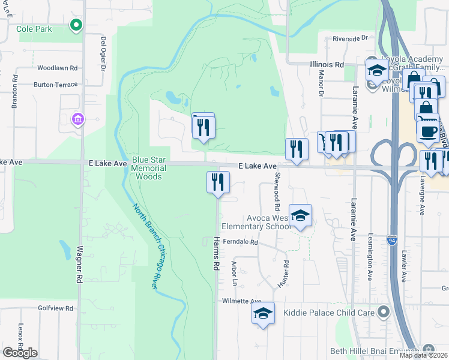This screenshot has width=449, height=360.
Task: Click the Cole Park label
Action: [x=34, y=29]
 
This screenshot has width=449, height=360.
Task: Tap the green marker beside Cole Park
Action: [x=76, y=25]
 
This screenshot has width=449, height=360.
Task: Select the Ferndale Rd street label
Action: [x=240, y=242]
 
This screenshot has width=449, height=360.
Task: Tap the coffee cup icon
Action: [x=428, y=131]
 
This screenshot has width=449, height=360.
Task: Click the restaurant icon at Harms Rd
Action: [x=218, y=181]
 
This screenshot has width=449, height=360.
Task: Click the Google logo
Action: [x=20, y=353]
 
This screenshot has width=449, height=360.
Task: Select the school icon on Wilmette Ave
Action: [x=263, y=313]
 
